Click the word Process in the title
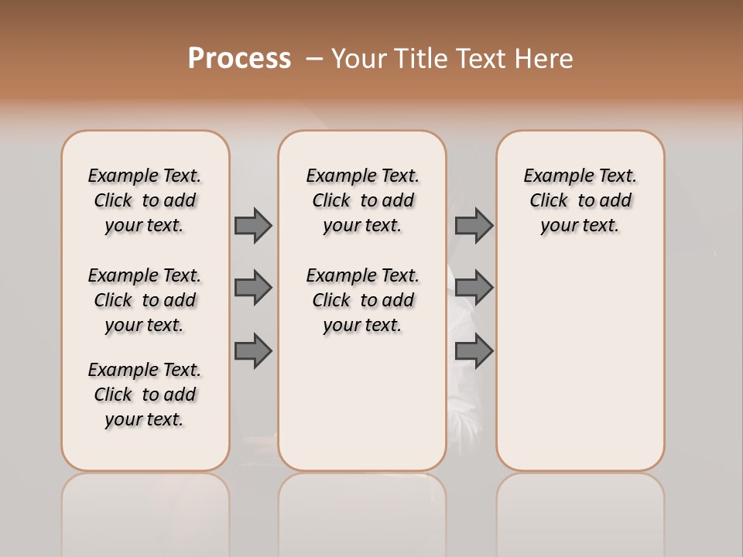pyautogui.click(x=239, y=59)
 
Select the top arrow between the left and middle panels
pyautogui.click(x=253, y=225)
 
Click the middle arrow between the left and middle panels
pyautogui.click(x=253, y=288)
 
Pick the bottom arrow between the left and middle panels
pyautogui.click(x=253, y=351)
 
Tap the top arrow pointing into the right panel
pyautogui.click(x=474, y=225)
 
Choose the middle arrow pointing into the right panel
pyautogui.click(x=474, y=288)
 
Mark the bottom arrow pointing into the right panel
pyautogui.click(x=474, y=351)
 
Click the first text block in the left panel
pyautogui.click(x=145, y=200)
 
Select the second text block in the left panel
pyautogui.click(x=145, y=300)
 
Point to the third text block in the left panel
pyautogui.click(x=145, y=395)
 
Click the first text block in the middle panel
pyautogui.click(x=362, y=200)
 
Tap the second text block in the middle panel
pyautogui.click(x=362, y=300)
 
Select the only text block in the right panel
pyautogui.click(x=580, y=200)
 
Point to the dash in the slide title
pyautogui.click(x=314, y=59)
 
